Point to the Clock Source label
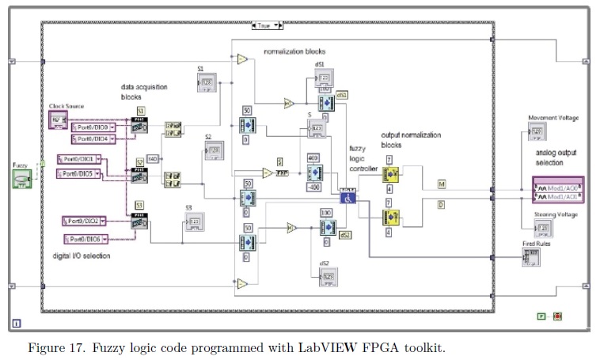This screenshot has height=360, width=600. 66,106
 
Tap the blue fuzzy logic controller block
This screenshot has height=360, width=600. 349,198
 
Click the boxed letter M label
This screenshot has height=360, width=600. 442,184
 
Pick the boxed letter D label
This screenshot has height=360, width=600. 442,205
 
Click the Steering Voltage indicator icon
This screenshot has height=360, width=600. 543,228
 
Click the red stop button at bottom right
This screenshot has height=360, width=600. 557,316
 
